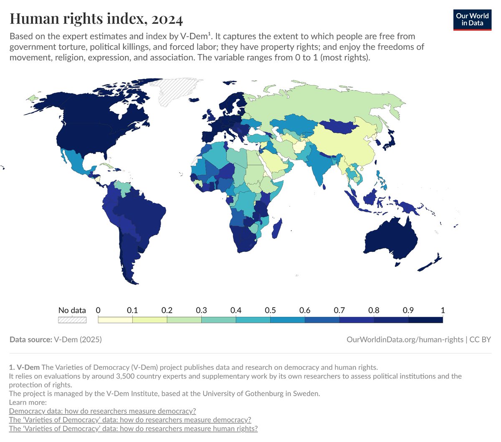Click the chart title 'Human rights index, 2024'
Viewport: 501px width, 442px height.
(96, 19)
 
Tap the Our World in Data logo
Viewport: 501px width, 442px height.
(472, 19)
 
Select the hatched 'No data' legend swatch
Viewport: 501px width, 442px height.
(72, 320)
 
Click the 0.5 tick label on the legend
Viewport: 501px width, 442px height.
(270, 310)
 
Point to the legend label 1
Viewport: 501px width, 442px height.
(443, 310)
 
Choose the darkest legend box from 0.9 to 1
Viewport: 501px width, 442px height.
(425, 320)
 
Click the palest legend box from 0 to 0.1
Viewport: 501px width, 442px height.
(115, 320)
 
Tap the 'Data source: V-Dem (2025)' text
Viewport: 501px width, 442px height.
(56, 339)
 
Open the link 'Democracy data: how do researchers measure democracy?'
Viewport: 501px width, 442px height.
(102, 411)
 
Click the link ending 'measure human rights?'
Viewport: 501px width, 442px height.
(133, 429)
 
